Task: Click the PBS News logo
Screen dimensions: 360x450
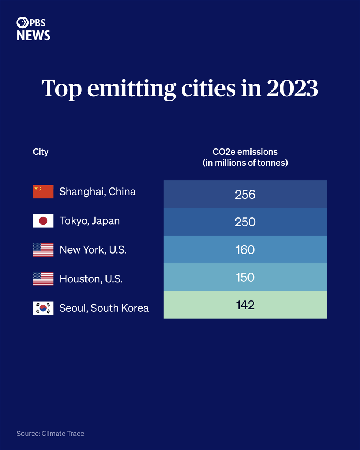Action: click(33, 28)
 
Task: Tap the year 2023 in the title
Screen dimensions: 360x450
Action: click(292, 88)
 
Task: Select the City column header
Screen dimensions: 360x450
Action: click(40, 152)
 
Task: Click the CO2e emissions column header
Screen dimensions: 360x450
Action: click(245, 157)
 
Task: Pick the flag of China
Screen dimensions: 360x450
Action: click(43, 192)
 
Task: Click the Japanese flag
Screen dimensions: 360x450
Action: click(43, 220)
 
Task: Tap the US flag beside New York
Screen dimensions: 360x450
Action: click(43, 250)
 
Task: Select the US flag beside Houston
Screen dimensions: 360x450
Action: click(43, 279)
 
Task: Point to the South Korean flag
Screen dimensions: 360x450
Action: click(43, 308)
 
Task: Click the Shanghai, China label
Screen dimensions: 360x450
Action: click(97, 192)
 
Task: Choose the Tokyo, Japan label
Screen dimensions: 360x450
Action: click(90, 221)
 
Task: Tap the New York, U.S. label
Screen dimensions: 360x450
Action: click(93, 250)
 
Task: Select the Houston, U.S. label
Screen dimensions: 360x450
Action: click(91, 279)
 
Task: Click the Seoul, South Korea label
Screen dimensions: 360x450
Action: click(104, 308)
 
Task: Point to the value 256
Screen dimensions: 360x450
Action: click(245, 195)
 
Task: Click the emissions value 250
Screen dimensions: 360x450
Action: click(245, 222)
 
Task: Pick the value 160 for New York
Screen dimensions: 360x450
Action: click(245, 250)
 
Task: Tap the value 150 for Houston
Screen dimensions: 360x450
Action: click(245, 277)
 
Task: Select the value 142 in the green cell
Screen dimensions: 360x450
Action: click(245, 305)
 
